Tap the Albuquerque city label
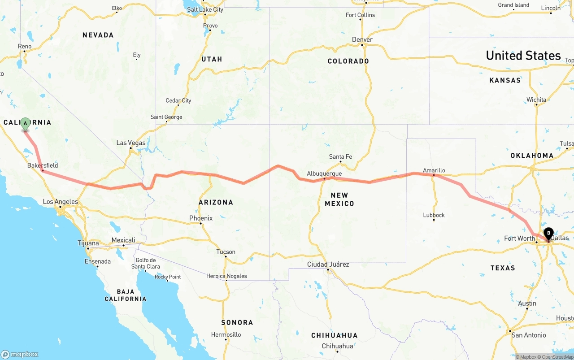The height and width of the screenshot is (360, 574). pyautogui.click(x=324, y=173)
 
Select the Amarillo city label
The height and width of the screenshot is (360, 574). pyautogui.click(x=434, y=170)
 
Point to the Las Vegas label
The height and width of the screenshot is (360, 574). pyautogui.click(x=131, y=143)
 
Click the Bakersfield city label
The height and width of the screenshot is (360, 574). pyautogui.click(x=43, y=165)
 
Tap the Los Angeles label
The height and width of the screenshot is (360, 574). pyautogui.click(x=60, y=202)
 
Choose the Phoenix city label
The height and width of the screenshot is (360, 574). pyautogui.click(x=201, y=218)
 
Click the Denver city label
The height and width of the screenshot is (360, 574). pyautogui.click(x=362, y=39)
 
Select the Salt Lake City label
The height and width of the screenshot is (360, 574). pyautogui.click(x=205, y=9)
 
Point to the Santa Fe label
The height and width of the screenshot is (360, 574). pyautogui.click(x=340, y=156)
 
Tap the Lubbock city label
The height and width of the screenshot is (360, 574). pyautogui.click(x=434, y=215)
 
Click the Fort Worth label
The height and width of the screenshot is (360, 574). pyautogui.click(x=519, y=239)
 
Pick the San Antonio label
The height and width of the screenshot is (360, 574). pyautogui.click(x=529, y=335)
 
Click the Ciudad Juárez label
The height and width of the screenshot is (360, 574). pyautogui.click(x=328, y=265)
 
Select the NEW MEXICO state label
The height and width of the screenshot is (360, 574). pyautogui.click(x=342, y=200)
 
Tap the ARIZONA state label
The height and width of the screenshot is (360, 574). pyautogui.click(x=216, y=202)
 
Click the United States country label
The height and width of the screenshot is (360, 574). pyautogui.click(x=523, y=56)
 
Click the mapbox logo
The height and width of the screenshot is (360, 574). pyautogui.click(x=20, y=354)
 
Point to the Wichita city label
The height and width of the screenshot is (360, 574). pyautogui.click(x=536, y=100)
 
